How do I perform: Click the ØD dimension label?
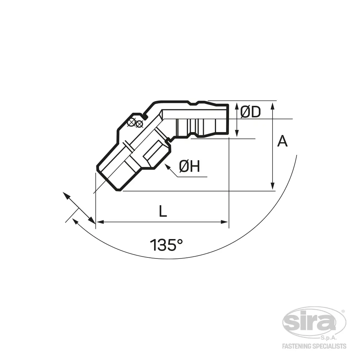[251, 112]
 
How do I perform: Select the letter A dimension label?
[282, 141]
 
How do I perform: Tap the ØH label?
[189, 166]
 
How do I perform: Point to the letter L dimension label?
[163, 211]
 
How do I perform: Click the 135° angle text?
[166, 245]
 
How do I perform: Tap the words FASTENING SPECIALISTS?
[314, 346]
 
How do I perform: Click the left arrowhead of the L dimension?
[100, 222]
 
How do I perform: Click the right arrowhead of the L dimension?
[224, 222]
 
